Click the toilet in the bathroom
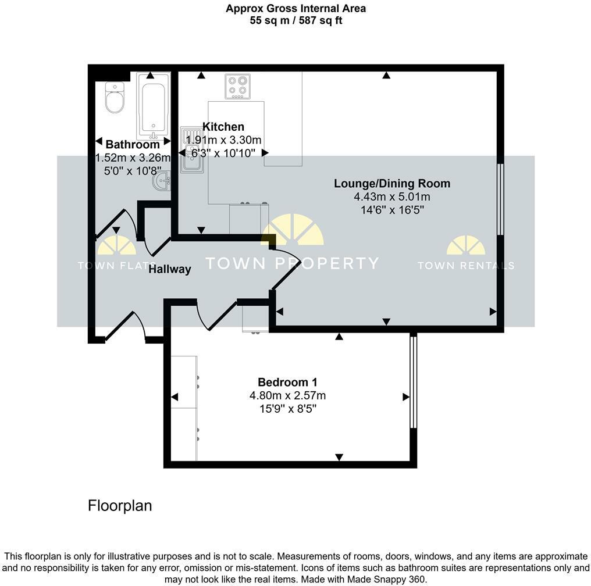tap(114, 98)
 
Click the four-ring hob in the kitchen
tap(237, 86)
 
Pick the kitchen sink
tap(190, 150)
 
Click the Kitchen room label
tap(223, 127)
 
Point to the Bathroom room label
tap(132, 144)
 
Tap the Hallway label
tap(169, 269)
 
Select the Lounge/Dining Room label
tap(391, 184)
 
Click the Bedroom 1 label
tap(287, 383)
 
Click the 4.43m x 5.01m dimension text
tap(391, 197)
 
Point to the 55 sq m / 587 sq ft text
tap(295, 21)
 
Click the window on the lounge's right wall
tap(499, 199)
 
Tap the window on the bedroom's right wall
tap(413, 383)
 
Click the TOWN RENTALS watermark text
tap(465, 266)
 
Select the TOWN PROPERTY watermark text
tap(293, 263)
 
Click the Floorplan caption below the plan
tap(120, 506)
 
